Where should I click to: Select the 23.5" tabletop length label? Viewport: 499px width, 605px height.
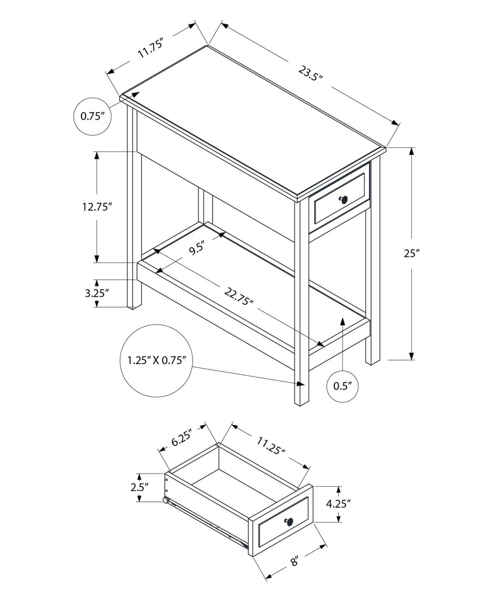click(x=310, y=73)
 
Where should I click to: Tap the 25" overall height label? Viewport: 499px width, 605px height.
click(x=412, y=253)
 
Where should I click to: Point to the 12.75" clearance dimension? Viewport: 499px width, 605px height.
click(x=96, y=207)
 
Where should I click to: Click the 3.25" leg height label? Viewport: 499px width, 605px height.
click(x=97, y=293)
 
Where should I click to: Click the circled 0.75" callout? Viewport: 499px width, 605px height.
click(x=92, y=117)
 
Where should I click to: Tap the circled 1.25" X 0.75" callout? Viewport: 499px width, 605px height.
click(x=156, y=360)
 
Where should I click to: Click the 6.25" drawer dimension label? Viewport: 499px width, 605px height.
click(x=181, y=437)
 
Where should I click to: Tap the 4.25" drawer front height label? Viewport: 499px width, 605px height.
click(x=338, y=504)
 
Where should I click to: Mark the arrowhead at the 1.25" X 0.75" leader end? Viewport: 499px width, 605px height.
click(x=300, y=384)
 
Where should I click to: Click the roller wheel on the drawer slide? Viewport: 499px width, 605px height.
click(x=166, y=501)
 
